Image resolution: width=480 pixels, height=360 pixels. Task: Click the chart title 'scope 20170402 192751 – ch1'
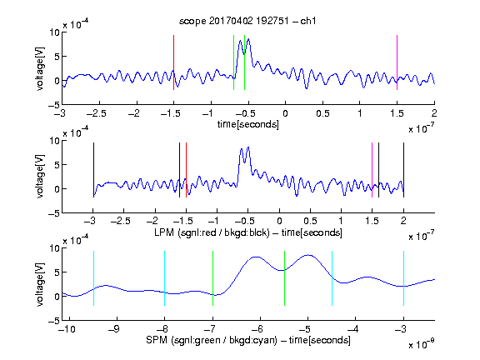247,21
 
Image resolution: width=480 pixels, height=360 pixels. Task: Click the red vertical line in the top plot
173,62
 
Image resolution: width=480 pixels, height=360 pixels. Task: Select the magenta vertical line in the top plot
397,62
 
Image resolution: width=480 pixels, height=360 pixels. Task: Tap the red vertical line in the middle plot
186,170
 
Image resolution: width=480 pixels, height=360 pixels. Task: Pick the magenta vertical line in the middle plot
372,170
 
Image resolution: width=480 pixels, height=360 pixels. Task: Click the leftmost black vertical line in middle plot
93,170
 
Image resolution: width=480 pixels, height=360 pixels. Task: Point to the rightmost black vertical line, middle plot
403,170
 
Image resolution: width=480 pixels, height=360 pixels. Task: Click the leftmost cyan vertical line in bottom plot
93,278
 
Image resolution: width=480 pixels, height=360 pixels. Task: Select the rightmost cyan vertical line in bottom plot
403,278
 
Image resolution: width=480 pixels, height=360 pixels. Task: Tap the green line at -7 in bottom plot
212,278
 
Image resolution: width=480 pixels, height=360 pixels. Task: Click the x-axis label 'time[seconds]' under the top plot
248,124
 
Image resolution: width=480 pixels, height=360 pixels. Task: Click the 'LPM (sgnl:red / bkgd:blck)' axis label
212,232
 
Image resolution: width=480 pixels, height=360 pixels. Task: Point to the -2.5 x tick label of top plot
97,113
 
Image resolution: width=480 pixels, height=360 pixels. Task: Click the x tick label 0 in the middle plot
279,221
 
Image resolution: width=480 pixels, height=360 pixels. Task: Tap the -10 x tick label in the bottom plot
67,329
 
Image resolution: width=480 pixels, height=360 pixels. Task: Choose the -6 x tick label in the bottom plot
257,329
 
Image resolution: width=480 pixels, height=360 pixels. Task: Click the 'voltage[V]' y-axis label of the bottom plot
40,284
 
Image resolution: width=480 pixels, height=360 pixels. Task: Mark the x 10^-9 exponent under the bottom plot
421,344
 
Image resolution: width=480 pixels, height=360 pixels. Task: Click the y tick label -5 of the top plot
53,105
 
